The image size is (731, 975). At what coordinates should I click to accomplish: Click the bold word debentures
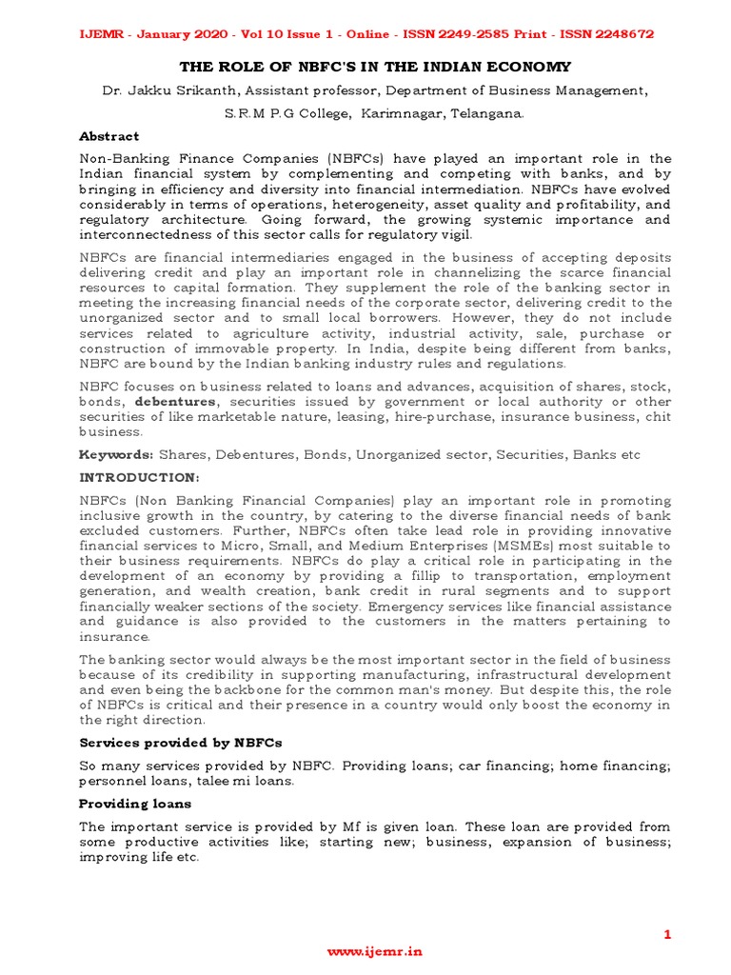pyautogui.click(x=175, y=402)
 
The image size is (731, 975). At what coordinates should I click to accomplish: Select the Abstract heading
pyautogui.click(x=109, y=136)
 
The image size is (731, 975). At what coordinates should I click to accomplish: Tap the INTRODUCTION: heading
pyautogui.click(x=139, y=475)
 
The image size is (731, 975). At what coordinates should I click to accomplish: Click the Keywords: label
pyautogui.click(x=115, y=455)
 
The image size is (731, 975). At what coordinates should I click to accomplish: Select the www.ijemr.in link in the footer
pyautogui.click(x=374, y=951)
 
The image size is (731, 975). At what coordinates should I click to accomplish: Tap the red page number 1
pyautogui.click(x=667, y=935)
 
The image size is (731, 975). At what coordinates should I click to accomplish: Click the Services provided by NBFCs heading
pyautogui.click(x=180, y=742)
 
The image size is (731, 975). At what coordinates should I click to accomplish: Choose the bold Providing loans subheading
pyautogui.click(x=134, y=805)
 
